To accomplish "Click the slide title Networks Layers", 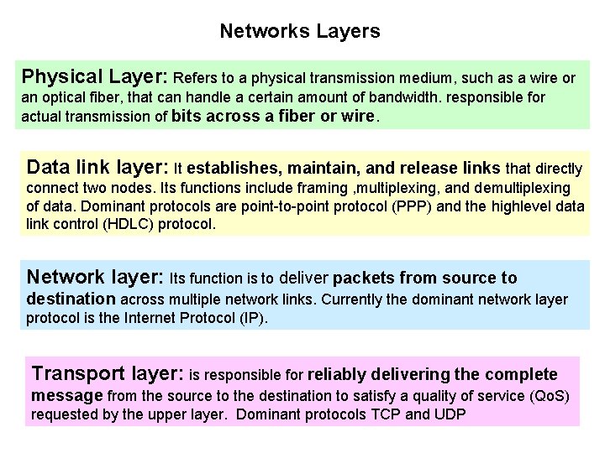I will pos(300,32).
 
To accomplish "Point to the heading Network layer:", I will pos(95,277).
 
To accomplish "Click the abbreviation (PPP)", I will pos(429,206).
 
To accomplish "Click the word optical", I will pos(63,97).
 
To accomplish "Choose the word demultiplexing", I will pos(518,188).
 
